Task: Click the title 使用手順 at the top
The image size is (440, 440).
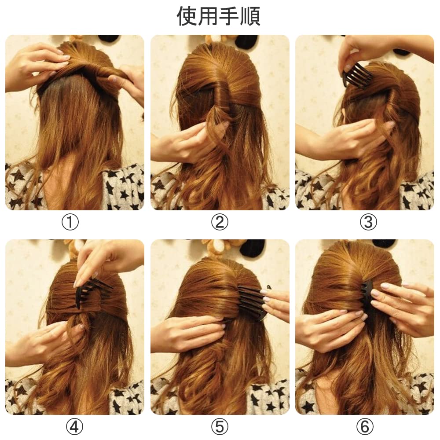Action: click(218, 16)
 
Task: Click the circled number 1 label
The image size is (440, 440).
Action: click(70, 222)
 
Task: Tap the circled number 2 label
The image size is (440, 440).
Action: click(220, 222)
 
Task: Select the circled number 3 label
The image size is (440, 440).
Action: click(368, 222)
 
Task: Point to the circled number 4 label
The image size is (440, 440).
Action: click(74, 427)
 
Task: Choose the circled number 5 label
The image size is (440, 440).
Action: click(220, 427)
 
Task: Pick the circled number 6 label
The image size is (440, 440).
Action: click(365, 427)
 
